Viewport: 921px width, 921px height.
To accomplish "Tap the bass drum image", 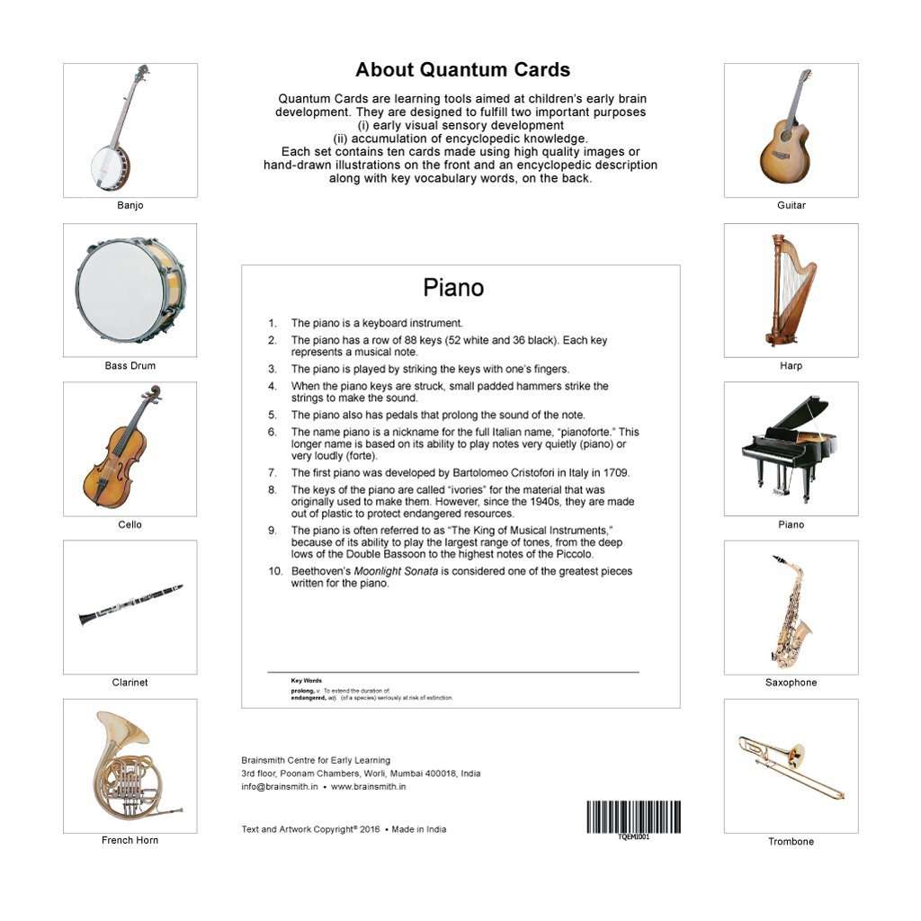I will point(130,290).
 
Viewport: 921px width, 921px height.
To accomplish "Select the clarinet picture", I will point(130,605).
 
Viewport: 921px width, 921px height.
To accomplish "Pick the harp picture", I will point(791,290).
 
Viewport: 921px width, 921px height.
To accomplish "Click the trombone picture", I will point(791,766).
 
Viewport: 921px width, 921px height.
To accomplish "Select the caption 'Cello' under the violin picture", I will point(130,524).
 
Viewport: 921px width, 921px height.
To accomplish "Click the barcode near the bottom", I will point(633,817).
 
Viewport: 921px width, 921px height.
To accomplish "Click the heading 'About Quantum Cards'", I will point(462,70).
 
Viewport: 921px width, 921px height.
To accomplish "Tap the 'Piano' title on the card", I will point(453,288).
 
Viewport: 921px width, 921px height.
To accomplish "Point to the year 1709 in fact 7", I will point(616,472).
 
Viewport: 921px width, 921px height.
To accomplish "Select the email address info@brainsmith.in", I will point(280,786).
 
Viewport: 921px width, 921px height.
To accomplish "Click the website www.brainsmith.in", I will point(368,786).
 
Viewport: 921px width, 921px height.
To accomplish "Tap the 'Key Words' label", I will point(306,681).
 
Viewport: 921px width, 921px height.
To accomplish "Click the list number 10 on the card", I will point(274,571).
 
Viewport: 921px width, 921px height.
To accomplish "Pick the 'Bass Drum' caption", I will point(130,366).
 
